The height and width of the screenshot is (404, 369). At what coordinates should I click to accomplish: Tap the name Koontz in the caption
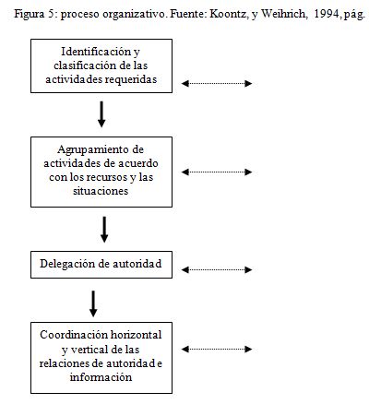pos(229,14)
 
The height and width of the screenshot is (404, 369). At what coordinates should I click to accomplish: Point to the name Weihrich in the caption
pos(284,14)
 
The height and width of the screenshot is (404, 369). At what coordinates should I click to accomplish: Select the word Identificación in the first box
pos(97,52)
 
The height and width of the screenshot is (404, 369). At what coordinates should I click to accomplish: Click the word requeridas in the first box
pos(131,79)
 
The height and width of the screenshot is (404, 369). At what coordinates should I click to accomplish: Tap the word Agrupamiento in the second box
pos(92,150)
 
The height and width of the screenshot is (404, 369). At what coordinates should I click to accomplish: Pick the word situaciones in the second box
pos(101,191)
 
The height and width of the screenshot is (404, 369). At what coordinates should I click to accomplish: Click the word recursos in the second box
pos(108,177)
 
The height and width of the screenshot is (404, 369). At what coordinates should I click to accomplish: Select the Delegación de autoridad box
pos(101,265)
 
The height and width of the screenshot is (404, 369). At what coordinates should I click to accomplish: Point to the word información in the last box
pos(101,377)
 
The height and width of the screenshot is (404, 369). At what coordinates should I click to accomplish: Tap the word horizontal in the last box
pos(136,335)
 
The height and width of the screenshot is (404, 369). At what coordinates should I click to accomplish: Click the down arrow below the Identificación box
pos(101,114)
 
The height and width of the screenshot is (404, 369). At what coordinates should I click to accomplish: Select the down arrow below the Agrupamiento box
pos(104,230)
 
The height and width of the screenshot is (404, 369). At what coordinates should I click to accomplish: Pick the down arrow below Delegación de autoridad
pos(93,303)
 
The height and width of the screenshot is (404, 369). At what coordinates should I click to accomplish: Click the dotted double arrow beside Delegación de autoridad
pos(217,270)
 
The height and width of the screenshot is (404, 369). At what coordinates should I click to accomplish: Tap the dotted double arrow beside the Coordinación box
pos(217,349)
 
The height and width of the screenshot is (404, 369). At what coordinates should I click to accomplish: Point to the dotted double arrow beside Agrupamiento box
pos(217,172)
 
